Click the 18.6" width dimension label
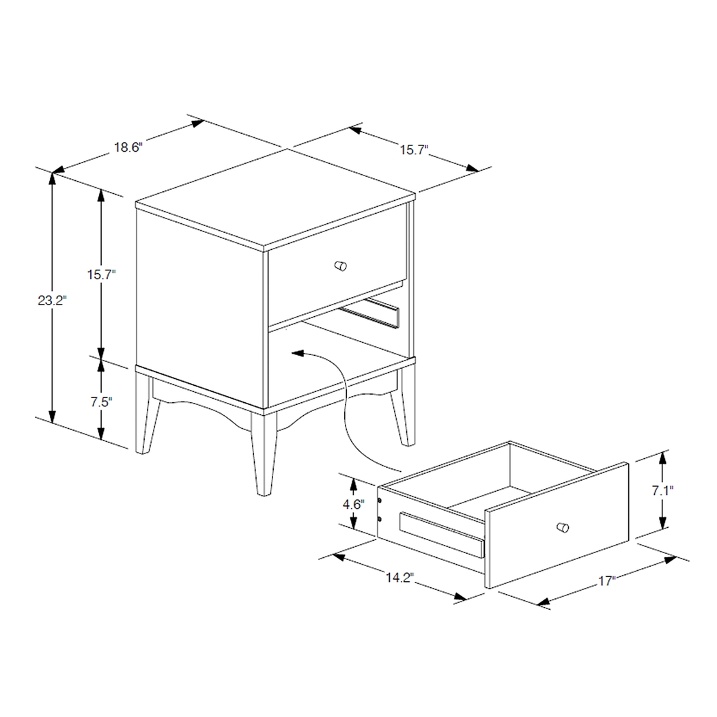127,147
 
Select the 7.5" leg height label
101,402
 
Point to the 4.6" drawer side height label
352,505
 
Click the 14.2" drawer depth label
400,578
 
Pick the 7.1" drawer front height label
662,490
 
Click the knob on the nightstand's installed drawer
339,266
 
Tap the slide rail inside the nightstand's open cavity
372,313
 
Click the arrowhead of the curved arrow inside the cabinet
296,353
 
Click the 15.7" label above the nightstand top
412,150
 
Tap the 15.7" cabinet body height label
101,275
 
